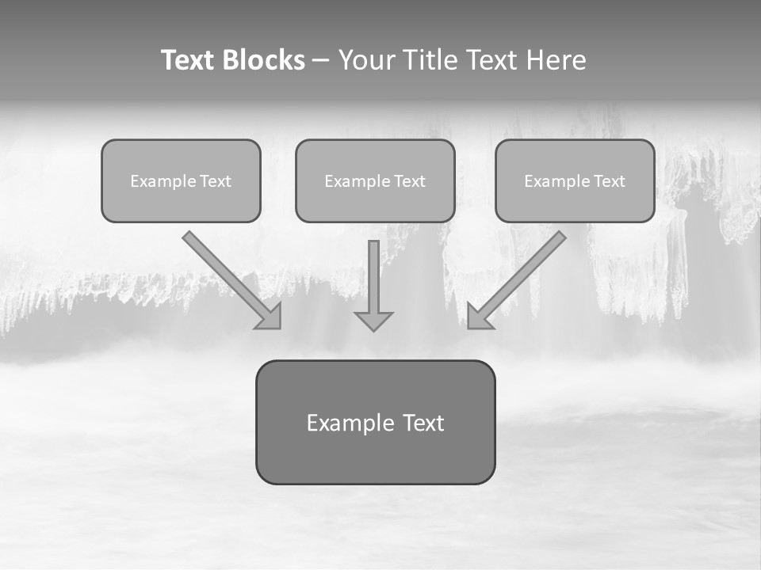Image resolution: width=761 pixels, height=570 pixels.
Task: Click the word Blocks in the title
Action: [264, 60]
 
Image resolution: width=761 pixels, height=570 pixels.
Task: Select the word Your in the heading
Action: [367, 60]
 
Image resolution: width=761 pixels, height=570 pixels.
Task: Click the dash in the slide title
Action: [321, 60]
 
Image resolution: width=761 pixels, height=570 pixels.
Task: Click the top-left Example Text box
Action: [181, 180]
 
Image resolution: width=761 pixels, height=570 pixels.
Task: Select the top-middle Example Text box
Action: [375, 180]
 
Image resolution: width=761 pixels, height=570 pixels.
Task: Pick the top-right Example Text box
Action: [575, 180]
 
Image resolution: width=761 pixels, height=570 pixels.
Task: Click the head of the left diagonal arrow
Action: [270, 317]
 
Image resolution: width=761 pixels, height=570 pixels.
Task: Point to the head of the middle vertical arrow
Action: [373, 320]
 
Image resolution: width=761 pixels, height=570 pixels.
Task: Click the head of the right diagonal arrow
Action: [479, 317]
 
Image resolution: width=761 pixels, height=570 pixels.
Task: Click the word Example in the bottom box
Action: [350, 423]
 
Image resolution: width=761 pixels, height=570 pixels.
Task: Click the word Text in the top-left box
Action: [216, 181]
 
